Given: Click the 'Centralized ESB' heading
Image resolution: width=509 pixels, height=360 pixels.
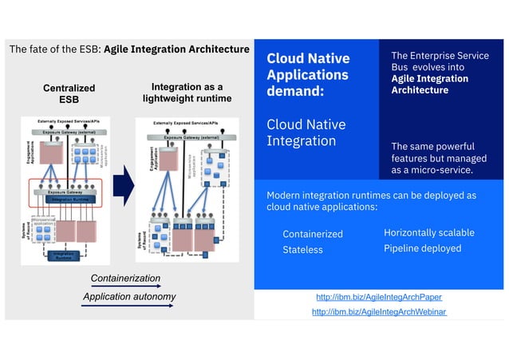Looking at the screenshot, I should (x=68, y=93).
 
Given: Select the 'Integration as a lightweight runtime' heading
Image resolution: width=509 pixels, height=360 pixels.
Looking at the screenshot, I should (x=187, y=93).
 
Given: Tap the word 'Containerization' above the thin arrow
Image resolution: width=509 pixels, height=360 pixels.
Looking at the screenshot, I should (x=125, y=279).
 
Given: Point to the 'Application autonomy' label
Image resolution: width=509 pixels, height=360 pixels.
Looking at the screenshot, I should (x=129, y=298).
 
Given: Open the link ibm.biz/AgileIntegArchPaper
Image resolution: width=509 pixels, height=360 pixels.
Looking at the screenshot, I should (x=378, y=297).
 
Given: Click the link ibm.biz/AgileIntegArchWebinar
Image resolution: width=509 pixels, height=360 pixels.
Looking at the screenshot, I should (x=378, y=312).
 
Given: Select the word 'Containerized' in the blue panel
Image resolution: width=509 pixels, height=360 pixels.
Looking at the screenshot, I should (x=312, y=234).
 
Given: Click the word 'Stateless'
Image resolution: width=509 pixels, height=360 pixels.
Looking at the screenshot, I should (x=302, y=250).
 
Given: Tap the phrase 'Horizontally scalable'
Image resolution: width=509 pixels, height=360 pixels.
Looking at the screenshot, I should (x=428, y=233).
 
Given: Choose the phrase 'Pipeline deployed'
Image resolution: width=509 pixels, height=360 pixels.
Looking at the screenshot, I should (x=422, y=248).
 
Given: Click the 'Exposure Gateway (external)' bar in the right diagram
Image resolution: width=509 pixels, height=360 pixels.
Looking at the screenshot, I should (x=190, y=137).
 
